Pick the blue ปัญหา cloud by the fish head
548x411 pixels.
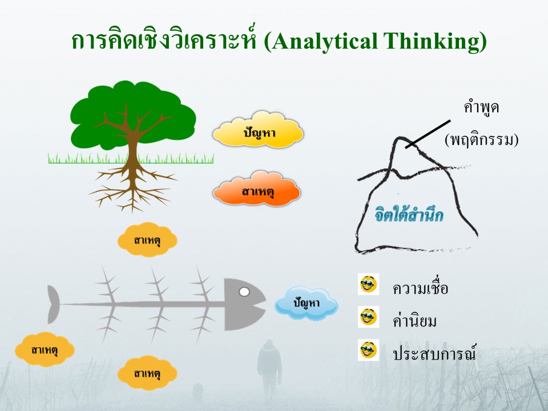(x=306, y=303)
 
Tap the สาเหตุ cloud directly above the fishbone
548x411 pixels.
(x=147, y=240)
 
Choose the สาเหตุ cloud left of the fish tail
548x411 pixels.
(x=45, y=349)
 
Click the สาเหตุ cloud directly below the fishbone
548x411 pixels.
(x=147, y=373)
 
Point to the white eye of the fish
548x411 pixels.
(x=244, y=292)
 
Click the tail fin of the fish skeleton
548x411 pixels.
(x=53, y=304)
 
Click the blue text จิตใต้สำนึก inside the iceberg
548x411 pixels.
(x=409, y=213)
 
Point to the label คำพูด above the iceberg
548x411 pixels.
(x=481, y=107)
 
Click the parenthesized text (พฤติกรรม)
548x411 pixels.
(x=481, y=140)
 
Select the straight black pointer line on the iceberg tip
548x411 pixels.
(x=428, y=134)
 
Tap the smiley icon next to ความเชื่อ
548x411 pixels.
(x=368, y=284)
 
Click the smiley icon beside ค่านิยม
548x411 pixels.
(x=368, y=317)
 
